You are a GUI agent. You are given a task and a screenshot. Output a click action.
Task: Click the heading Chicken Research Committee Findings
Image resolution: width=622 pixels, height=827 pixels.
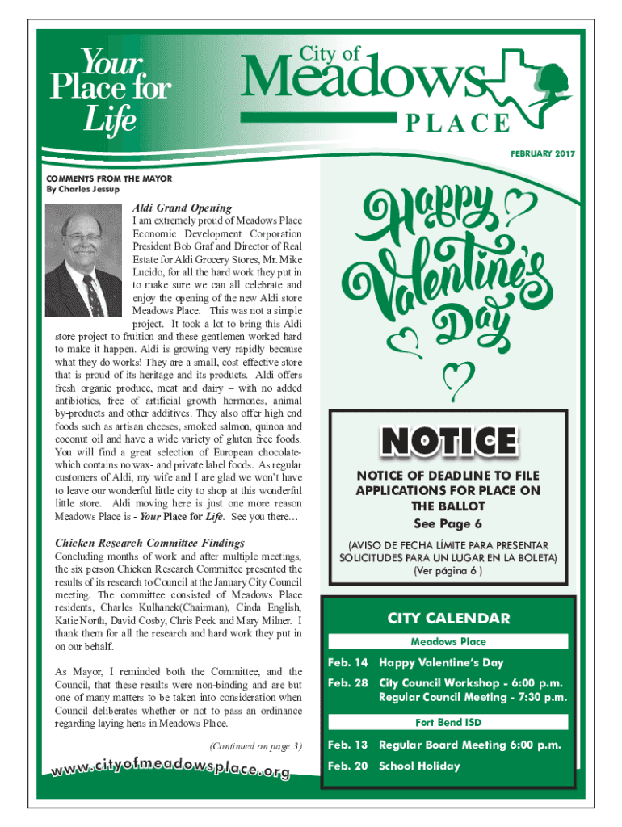point(149,543)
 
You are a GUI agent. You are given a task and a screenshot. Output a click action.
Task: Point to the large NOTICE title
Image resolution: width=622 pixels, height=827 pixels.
point(448,441)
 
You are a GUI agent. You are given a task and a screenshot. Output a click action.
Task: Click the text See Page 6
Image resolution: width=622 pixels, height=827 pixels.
point(448,522)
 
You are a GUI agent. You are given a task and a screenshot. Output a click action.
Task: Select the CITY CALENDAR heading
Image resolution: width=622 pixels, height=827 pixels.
point(448,619)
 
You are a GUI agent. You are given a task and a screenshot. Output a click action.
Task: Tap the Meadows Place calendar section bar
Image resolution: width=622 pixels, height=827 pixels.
point(448,642)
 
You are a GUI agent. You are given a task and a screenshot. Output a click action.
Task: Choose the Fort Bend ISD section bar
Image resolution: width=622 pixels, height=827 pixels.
point(448,722)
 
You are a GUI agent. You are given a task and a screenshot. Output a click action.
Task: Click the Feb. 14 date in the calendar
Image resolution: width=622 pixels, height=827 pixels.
point(347,663)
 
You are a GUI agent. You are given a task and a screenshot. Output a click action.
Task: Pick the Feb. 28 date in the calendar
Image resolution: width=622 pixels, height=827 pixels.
point(347,683)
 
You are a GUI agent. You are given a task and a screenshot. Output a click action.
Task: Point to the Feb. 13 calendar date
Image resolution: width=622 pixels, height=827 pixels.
point(347,745)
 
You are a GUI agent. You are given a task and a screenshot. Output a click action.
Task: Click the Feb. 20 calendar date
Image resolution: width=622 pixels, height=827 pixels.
point(347,766)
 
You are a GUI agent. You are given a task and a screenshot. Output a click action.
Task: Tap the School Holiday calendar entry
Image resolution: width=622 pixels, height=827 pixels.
point(419,766)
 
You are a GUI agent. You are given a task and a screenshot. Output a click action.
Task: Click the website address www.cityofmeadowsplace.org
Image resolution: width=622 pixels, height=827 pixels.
point(171,765)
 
